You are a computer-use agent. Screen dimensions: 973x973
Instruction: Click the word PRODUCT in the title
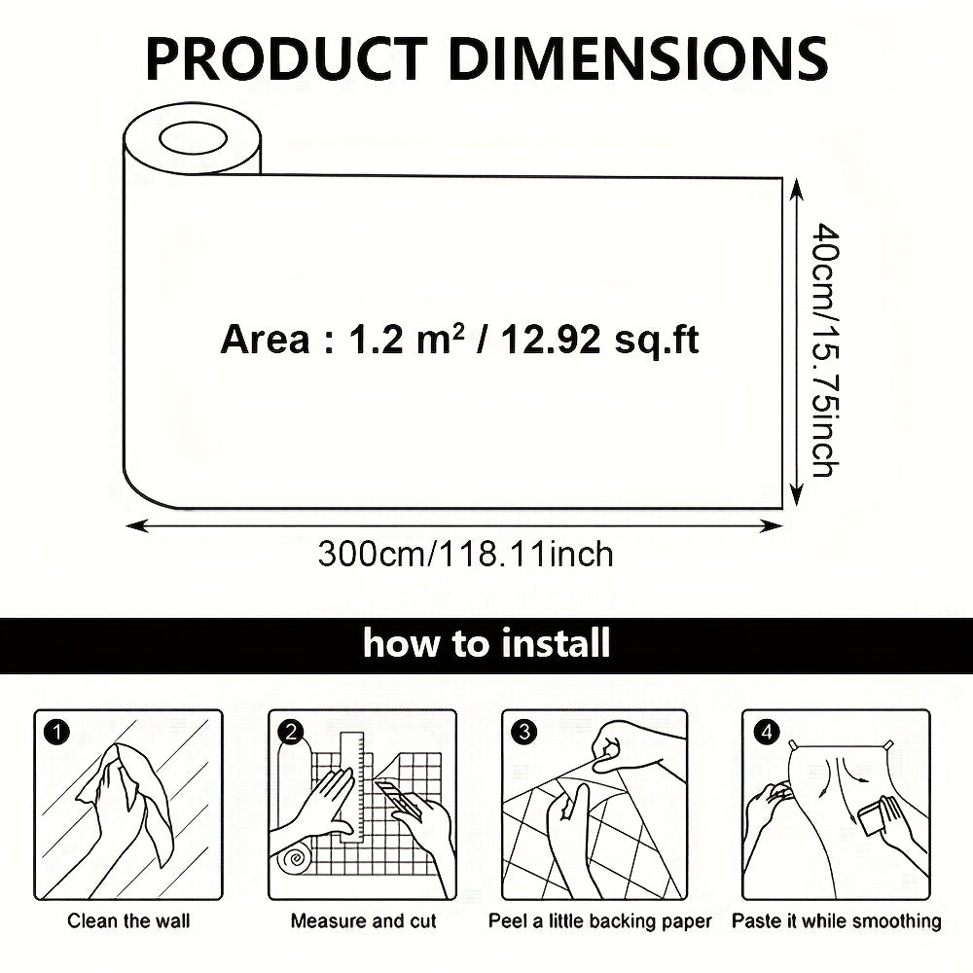tap(286, 58)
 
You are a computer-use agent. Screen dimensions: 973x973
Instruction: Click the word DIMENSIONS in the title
tap(638, 58)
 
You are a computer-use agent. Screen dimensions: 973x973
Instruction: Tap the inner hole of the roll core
tap(193, 138)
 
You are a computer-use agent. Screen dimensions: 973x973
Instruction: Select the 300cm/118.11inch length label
tap(465, 555)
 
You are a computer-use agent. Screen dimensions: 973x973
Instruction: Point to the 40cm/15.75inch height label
tap(825, 349)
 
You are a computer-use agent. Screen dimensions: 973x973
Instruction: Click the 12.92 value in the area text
tap(551, 340)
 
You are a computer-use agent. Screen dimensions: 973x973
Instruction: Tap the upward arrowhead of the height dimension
tap(797, 189)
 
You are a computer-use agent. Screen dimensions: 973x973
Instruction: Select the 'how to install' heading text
tap(486, 643)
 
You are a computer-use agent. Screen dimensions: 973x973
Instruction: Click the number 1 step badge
tap(57, 733)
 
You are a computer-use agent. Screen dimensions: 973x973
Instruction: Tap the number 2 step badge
tap(291, 733)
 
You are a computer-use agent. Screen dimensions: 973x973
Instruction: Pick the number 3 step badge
tap(524, 733)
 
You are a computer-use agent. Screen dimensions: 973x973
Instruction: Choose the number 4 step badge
tap(767, 733)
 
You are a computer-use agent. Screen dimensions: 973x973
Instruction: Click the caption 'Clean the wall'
tap(128, 920)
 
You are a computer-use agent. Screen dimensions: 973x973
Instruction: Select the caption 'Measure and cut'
tap(364, 920)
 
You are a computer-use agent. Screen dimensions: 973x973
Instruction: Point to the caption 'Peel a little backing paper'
tap(600, 921)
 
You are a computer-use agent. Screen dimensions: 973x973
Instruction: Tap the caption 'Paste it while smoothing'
tap(837, 921)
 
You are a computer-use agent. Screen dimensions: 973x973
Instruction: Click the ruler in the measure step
tap(352, 786)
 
